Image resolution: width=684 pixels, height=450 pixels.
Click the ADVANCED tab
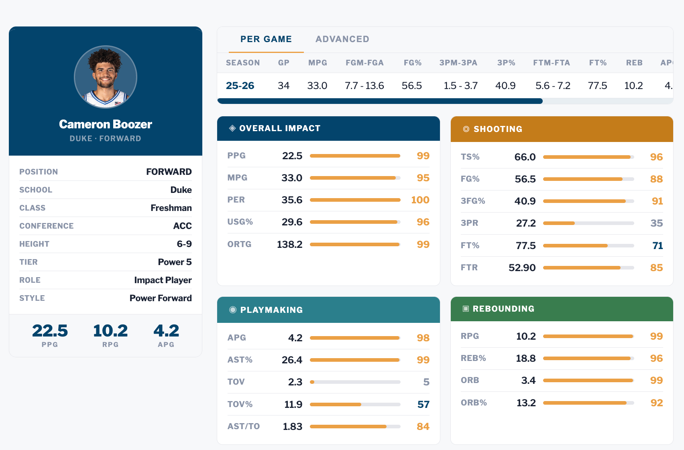click(342, 39)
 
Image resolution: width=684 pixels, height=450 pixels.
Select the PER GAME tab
click(266, 39)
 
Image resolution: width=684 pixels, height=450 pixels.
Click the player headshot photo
click(106, 77)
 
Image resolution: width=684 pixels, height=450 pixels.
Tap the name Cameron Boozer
click(106, 124)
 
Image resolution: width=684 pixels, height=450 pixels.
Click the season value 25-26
click(240, 85)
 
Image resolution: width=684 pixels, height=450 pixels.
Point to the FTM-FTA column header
click(551, 63)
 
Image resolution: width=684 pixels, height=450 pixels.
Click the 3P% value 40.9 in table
click(505, 85)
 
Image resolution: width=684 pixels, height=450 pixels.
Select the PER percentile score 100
click(420, 200)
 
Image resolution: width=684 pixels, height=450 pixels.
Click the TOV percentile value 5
click(426, 382)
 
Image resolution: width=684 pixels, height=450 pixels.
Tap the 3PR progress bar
click(588, 223)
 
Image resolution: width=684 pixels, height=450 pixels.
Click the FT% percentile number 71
click(657, 245)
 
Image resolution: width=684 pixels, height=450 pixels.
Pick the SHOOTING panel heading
click(498, 129)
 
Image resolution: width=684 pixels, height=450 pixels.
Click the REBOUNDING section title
click(503, 309)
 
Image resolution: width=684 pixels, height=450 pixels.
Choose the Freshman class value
click(171, 208)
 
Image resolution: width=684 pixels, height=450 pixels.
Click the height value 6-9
click(184, 244)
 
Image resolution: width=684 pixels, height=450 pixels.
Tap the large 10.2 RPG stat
click(110, 331)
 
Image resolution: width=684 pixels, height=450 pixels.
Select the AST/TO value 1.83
click(292, 426)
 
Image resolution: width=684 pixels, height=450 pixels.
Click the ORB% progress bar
click(588, 403)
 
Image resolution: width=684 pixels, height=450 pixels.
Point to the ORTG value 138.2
click(289, 244)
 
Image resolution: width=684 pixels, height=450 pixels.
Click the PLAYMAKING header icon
click(232, 310)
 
